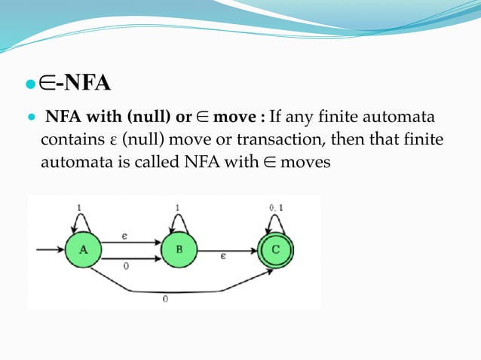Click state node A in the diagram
click(x=83, y=250)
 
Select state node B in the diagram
click(x=179, y=250)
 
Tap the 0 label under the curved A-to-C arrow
click(x=165, y=299)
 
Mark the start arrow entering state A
click(x=48, y=249)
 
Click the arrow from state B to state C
click(x=226, y=249)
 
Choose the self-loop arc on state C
click(x=274, y=220)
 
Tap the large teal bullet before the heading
click(x=32, y=83)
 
